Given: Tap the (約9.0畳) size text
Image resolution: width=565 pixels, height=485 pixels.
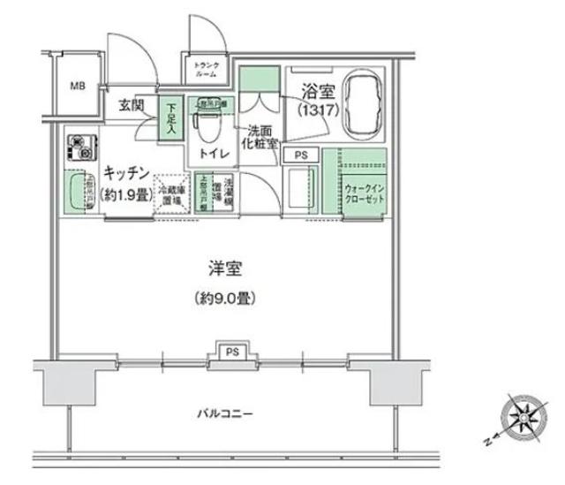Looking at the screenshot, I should (x=226, y=299).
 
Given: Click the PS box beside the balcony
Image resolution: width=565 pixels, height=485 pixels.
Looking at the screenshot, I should (x=230, y=351).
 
